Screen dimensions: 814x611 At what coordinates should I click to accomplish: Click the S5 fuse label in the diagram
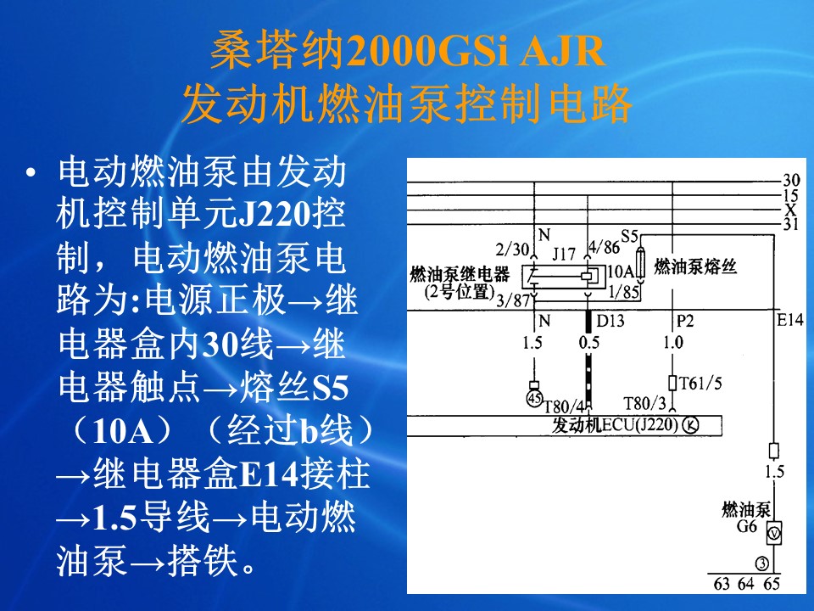629,237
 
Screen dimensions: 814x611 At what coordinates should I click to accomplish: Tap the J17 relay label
563,254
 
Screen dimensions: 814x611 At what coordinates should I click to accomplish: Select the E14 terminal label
789,320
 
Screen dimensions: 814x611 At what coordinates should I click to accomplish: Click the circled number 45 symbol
534,399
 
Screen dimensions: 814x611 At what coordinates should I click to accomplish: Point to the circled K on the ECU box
690,425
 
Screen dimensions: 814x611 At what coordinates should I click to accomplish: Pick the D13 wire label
610,321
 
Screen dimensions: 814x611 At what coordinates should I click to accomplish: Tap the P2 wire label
685,321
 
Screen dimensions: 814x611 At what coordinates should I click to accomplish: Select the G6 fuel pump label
747,526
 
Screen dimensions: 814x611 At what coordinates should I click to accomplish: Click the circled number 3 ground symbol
761,563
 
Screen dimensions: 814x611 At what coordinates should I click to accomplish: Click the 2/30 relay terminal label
511,249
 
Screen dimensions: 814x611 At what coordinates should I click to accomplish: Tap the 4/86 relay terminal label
605,247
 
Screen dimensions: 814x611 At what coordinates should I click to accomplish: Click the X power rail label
790,210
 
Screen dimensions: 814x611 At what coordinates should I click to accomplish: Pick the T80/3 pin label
644,403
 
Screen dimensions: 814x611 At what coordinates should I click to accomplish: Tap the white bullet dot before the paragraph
31,172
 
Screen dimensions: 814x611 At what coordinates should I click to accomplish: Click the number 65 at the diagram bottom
772,584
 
